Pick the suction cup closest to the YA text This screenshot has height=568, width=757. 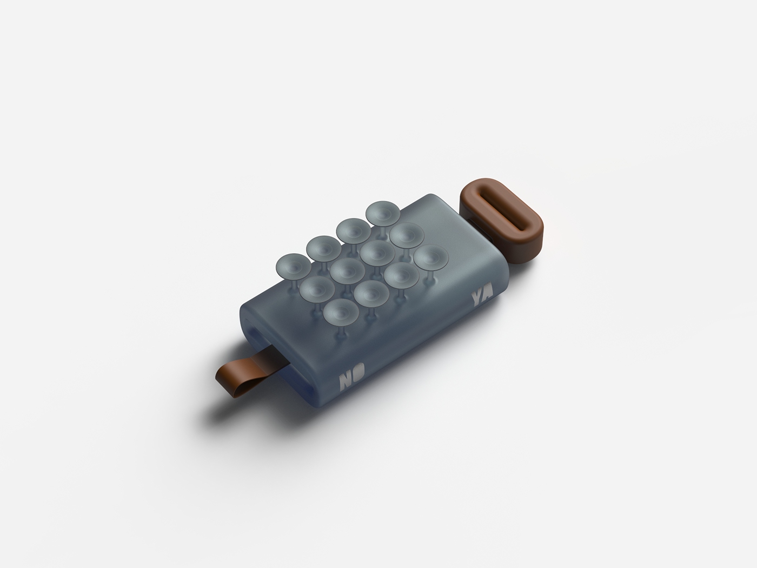433,259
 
